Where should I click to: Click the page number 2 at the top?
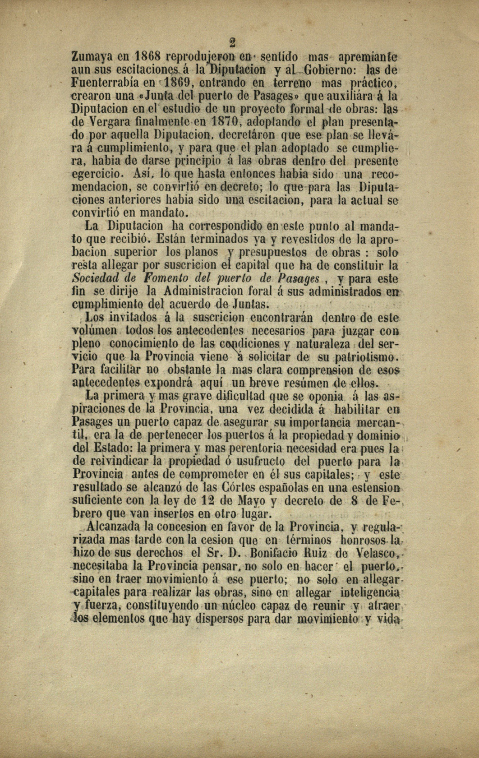click(233, 43)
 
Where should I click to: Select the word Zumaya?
click(93, 58)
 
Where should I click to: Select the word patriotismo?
click(364, 357)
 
